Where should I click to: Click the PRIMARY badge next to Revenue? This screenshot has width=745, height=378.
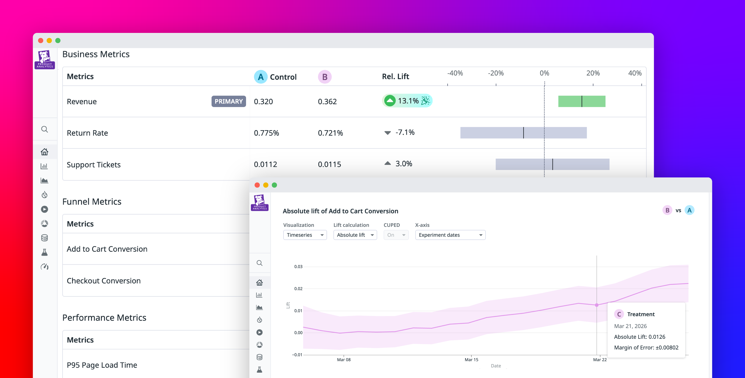pyautogui.click(x=228, y=101)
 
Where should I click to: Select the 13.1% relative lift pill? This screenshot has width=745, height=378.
pyautogui.click(x=407, y=101)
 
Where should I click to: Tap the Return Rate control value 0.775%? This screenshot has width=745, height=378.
pyautogui.click(x=266, y=133)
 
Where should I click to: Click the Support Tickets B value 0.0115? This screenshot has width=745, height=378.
pyautogui.click(x=329, y=165)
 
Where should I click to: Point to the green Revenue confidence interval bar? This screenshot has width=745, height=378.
pyautogui.click(x=582, y=101)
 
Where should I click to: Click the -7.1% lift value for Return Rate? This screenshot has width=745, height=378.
pyautogui.click(x=405, y=132)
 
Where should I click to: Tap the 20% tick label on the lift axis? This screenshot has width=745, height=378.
pyautogui.click(x=593, y=73)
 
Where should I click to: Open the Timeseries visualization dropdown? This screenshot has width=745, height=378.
pyautogui.click(x=305, y=235)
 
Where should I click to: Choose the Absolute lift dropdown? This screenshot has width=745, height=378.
pyautogui.click(x=355, y=235)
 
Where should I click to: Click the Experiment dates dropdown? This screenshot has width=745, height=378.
pyautogui.click(x=450, y=235)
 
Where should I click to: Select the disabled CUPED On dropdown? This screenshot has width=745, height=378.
pyautogui.click(x=396, y=235)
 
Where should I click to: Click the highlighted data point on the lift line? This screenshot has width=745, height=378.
pyautogui.click(x=597, y=305)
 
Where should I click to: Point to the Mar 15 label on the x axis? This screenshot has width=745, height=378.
pyautogui.click(x=472, y=360)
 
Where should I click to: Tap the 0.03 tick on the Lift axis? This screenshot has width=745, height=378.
pyautogui.click(x=298, y=266)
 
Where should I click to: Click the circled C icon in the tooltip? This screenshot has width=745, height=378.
pyautogui.click(x=619, y=314)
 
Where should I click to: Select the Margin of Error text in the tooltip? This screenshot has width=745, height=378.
pyautogui.click(x=646, y=347)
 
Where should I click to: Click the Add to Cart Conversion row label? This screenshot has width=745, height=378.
pyautogui.click(x=107, y=249)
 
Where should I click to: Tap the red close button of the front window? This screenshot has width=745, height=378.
pyautogui.click(x=257, y=185)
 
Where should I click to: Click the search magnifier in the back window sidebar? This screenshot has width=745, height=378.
pyautogui.click(x=45, y=129)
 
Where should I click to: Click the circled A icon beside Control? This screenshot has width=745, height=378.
pyautogui.click(x=261, y=77)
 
